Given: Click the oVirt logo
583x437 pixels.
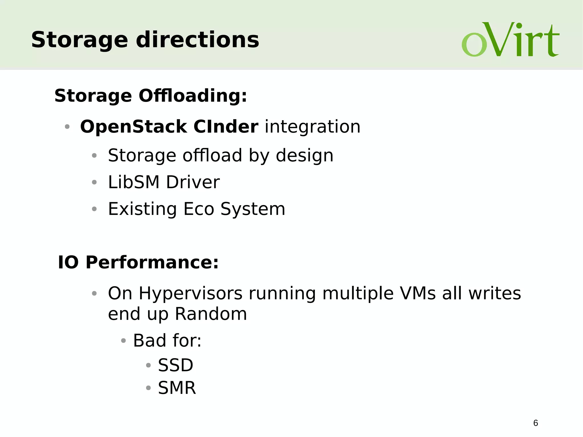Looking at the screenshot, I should click(x=510, y=40).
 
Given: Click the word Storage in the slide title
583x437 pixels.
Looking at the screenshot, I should click(x=79, y=40).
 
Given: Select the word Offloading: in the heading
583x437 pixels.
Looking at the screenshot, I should click(x=193, y=96).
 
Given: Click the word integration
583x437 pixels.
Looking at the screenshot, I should click(x=313, y=127).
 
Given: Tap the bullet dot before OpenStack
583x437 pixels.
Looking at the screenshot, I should click(x=67, y=127).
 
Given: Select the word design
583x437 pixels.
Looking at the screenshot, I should click(x=304, y=156).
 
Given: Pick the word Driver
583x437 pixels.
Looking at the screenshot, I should click(x=193, y=182).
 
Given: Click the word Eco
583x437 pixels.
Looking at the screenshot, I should click(x=198, y=209).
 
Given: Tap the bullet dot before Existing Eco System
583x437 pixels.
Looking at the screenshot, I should click(x=94, y=209).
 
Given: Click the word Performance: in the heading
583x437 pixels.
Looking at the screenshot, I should click(x=152, y=262).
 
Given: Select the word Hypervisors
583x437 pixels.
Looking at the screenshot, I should click(x=190, y=293).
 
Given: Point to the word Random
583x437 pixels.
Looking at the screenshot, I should click(x=211, y=314).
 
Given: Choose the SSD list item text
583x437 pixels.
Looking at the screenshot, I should click(x=176, y=365).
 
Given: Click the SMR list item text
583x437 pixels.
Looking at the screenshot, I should click(x=177, y=388).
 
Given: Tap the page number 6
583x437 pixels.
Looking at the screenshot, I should click(x=535, y=423).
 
